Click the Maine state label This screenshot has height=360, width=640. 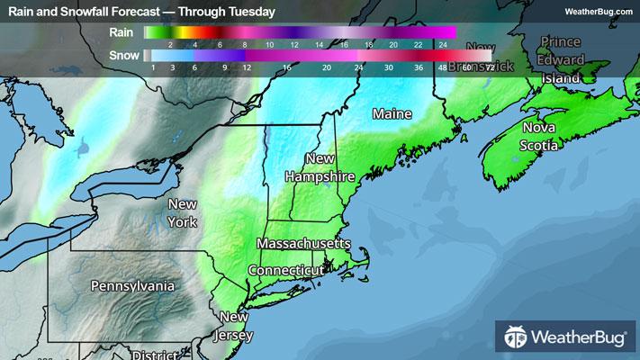pos(392,114)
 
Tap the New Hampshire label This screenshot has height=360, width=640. pos(320,167)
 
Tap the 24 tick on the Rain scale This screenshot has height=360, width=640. pos(442,43)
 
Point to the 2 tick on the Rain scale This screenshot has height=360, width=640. pos(169,43)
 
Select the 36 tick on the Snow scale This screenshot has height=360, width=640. pos(419,67)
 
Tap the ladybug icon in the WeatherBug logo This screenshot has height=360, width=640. pos(516,338)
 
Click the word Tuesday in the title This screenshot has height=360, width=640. pos(252,11)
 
